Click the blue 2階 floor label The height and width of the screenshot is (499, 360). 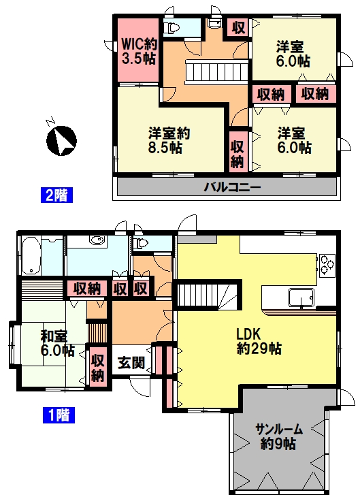[x=56, y=195]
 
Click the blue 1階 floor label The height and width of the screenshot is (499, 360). [x=59, y=415]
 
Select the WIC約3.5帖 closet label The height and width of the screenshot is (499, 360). [x=139, y=51]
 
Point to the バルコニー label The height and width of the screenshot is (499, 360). [x=232, y=187]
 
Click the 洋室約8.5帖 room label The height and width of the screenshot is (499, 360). [x=169, y=140]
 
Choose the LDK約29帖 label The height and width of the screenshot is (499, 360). [x=259, y=342]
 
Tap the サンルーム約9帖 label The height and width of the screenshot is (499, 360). [x=278, y=436]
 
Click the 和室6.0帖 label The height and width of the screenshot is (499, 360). [x=57, y=343]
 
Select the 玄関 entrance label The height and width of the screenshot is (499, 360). [x=131, y=363]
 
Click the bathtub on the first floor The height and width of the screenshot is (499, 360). [x=31, y=255]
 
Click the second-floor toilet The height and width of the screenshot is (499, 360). [x=171, y=28]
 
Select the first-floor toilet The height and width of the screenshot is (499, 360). [x=141, y=244]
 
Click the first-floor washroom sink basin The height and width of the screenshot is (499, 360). [x=97, y=240]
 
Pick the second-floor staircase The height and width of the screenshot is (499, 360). [x=217, y=71]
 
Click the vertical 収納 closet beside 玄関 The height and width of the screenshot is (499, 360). [x=97, y=368]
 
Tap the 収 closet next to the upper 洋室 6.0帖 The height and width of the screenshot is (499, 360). [x=238, y=28]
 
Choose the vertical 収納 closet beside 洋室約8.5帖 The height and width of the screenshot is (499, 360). [x=238, y=154]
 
